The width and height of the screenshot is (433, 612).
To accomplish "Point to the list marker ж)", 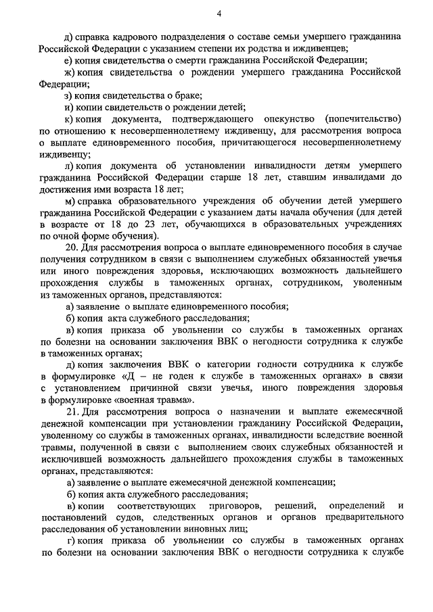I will coord(70,72).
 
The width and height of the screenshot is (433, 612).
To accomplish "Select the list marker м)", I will coord(70,201).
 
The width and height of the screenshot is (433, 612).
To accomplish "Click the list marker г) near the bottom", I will coord(69,542).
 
